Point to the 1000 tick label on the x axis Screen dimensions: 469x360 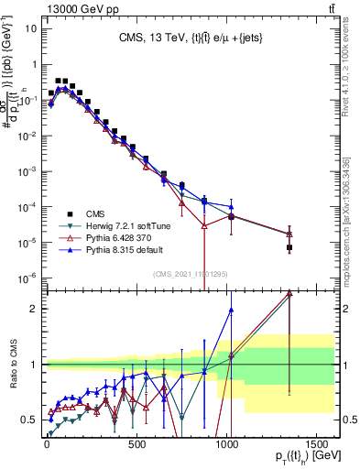[228, 437]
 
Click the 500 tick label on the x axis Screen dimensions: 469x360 [137, 437]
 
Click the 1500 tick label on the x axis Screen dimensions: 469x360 [318, 437]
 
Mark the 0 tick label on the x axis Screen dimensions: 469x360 [47, 437]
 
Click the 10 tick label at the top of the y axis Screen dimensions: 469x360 [28, 27]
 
